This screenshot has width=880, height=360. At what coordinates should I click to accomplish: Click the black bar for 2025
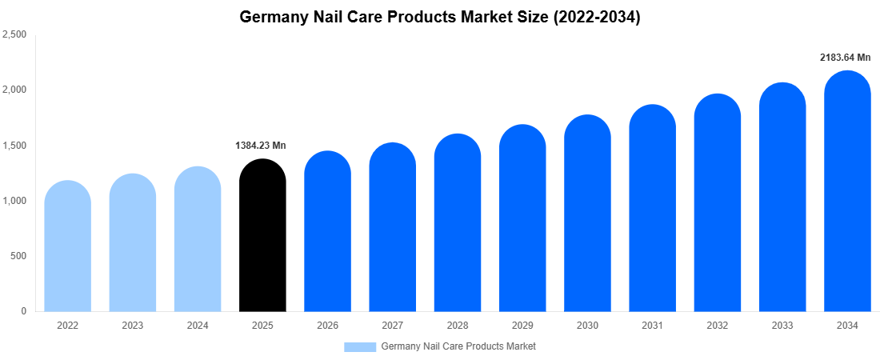pyautogui.click(x=262, y=236)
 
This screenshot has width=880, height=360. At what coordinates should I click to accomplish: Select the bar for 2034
pyautogui.click(x=847, y=192)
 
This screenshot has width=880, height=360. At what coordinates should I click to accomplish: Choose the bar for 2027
pyautogui.click(x=392, y=228)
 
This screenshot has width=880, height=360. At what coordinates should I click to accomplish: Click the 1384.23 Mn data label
pyautogui.click(x=260, y=146)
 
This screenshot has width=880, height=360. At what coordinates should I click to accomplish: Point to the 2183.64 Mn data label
pyautogui.click(x=845, y=58)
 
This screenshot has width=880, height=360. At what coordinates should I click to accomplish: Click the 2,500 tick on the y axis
pyautogui.click(x=14, y=34)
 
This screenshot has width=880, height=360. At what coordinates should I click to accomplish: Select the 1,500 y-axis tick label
pyautogui.click(x=14, y=146)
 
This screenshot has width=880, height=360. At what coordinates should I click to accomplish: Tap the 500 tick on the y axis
pyautogui.click(x=18, y=256)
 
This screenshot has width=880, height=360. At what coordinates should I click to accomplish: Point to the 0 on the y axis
pyautogui.click(x=24, y=311)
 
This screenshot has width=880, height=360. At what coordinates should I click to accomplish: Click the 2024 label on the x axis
pyautogui.click(x=198, y=326)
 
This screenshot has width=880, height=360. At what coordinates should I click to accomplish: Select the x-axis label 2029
pyautogui.click(x=522, y=326)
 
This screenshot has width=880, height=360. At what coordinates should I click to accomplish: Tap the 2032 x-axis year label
pyautogui.click(x=717, y=326)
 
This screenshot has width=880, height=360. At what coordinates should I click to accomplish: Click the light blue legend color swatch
pyautogui.click(x=360, y=346)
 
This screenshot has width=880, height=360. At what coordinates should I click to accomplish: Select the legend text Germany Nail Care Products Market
pyautogui.click(x=458, y=346)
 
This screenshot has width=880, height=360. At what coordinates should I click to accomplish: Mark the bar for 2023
pyautogui.click(x=133, y=243)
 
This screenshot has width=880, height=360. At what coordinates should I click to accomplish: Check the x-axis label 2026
pyautogui.click(x=327, y=326)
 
